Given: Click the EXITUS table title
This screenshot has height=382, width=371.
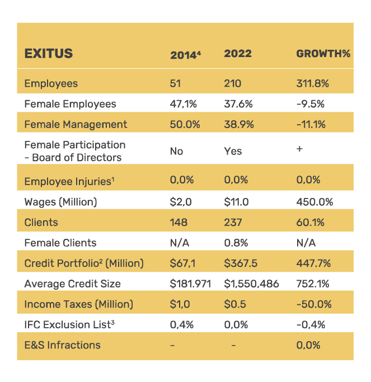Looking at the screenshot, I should pos(49,54).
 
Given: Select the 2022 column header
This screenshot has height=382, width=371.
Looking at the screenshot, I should pos(238,54).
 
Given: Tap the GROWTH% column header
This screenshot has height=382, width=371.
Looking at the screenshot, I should pos(323,54).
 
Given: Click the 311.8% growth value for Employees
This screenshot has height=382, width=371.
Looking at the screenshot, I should pos(312,84).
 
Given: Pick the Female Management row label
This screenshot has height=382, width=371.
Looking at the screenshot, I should pos(76,125).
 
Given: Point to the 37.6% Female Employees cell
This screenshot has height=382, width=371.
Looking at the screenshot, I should pos(238,104).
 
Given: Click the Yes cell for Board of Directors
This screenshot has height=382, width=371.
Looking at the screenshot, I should pos(233,151).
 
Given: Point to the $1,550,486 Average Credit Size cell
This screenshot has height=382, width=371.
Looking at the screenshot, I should pos(251,284).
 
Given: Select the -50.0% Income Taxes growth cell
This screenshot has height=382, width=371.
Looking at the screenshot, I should pos(313,304).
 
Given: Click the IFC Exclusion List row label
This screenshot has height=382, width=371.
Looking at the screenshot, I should pos(67,324).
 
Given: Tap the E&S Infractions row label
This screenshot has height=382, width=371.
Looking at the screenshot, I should pos(62,345).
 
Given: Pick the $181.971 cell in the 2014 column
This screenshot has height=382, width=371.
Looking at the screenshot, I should pos(190,284).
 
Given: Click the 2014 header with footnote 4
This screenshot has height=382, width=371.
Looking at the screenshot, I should pos(185,55).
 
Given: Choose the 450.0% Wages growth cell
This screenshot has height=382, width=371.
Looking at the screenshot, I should pos(314,202).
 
